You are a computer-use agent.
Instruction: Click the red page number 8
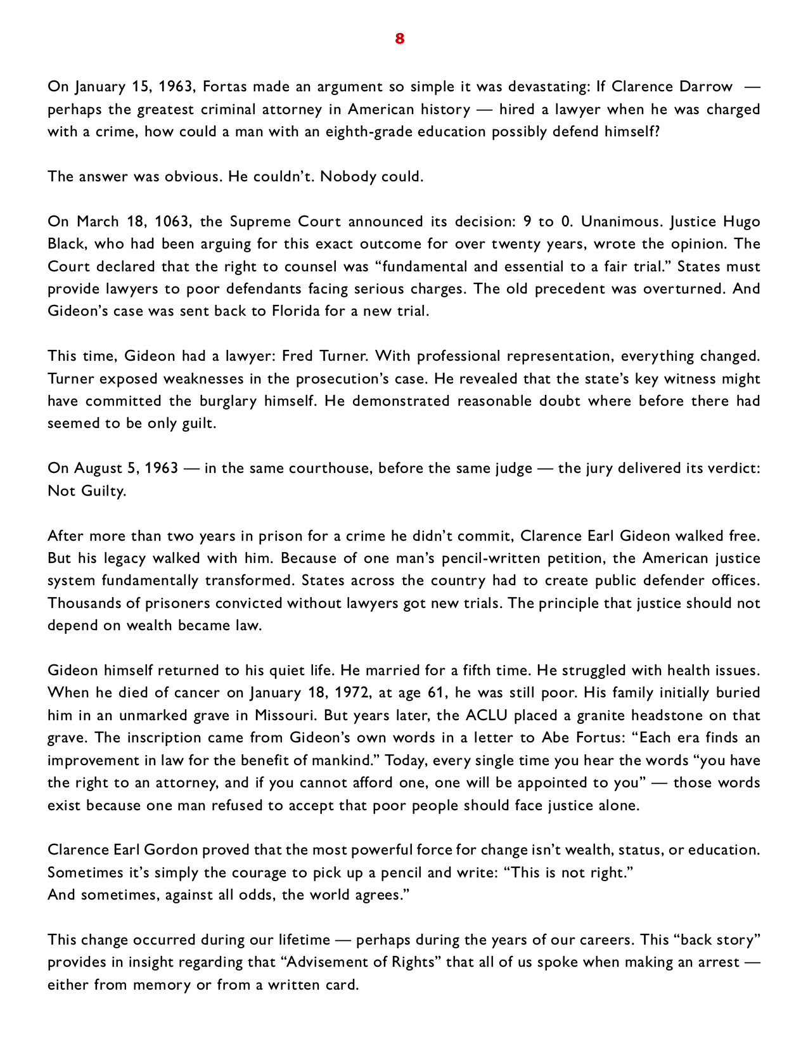[399, 39]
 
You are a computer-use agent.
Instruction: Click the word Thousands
[84, 603]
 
